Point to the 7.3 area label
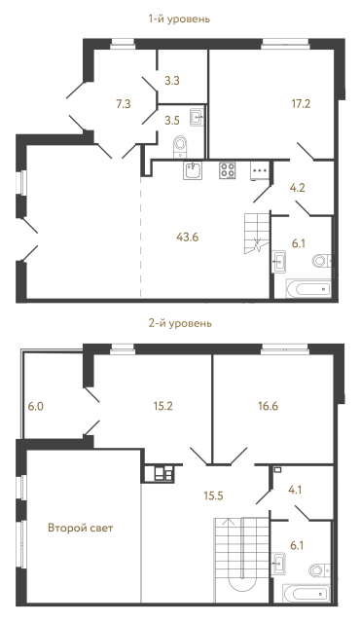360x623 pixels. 123,101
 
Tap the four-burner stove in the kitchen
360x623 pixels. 228,170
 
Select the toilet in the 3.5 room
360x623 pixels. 180,146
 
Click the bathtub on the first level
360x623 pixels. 306,288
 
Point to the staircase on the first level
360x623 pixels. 257,233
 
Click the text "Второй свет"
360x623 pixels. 81,529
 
